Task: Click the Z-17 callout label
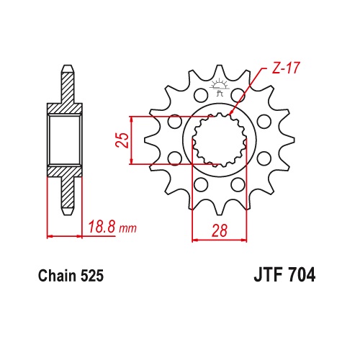(286, 68)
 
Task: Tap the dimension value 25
(122, 140)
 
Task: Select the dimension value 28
(220, 230)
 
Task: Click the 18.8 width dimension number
(102, 227)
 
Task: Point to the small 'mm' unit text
(128, 228)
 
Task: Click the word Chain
(57, 276)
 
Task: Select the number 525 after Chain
(92, 276)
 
